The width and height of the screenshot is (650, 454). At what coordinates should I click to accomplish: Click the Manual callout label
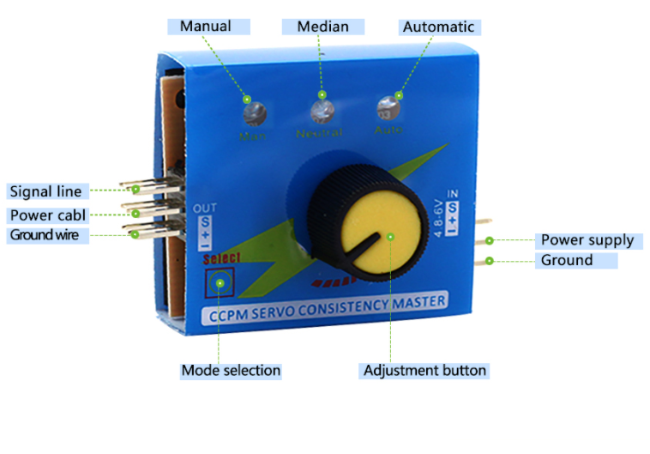(x=205, y=26)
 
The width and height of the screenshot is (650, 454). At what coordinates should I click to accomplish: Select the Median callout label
(x=322, y=26)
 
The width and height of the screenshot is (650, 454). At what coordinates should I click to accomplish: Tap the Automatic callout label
(x=437, y=27)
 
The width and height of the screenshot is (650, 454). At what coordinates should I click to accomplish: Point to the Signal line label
(x=45, y=191)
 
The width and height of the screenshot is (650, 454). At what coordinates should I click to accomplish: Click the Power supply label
(x=587, y=240)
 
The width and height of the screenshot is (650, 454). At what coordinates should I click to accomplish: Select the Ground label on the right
(x=566, y=260)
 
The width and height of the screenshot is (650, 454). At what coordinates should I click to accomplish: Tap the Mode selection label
(x=230, y=371)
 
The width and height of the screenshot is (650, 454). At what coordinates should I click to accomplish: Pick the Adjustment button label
(x=424, y=371)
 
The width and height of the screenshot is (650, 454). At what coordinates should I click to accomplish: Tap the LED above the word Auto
(x=387, y=110)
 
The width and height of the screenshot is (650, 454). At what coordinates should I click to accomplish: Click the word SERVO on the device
(x=292, y=309)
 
